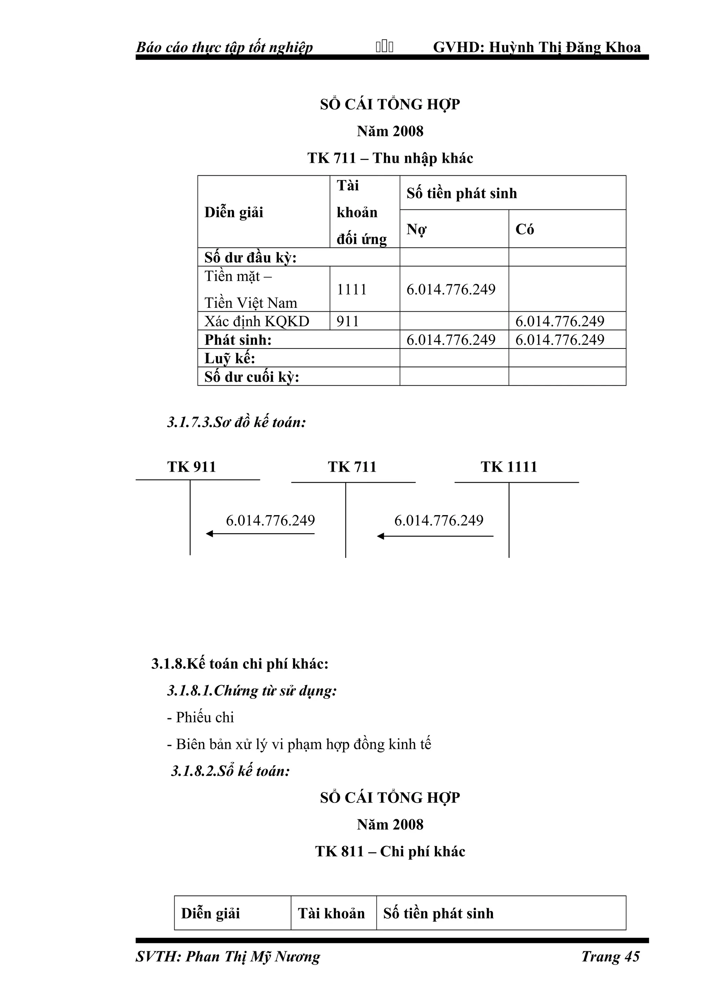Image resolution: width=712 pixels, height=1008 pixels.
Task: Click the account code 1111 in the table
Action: (351, 289)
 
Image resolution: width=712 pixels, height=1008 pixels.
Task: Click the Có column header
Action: (525, 229)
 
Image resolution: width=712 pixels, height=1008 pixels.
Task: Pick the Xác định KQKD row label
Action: (257, 321)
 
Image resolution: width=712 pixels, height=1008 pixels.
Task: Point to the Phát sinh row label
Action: (238, 340)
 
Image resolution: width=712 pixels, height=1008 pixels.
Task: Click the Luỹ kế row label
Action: (229, 358)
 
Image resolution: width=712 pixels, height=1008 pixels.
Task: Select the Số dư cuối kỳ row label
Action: (251, 377)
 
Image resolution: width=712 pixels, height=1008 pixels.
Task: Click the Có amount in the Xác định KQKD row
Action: (560, 321)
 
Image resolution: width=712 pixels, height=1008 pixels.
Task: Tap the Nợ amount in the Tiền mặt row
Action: (451, 289)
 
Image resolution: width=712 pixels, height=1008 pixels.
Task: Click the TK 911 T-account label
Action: (192, 467)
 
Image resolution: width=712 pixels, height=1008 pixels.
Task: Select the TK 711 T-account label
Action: (352, 467)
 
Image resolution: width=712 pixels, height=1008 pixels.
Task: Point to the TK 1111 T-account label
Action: (509, 467)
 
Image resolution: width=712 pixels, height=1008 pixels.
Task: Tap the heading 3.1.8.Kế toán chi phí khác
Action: (240, 664)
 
